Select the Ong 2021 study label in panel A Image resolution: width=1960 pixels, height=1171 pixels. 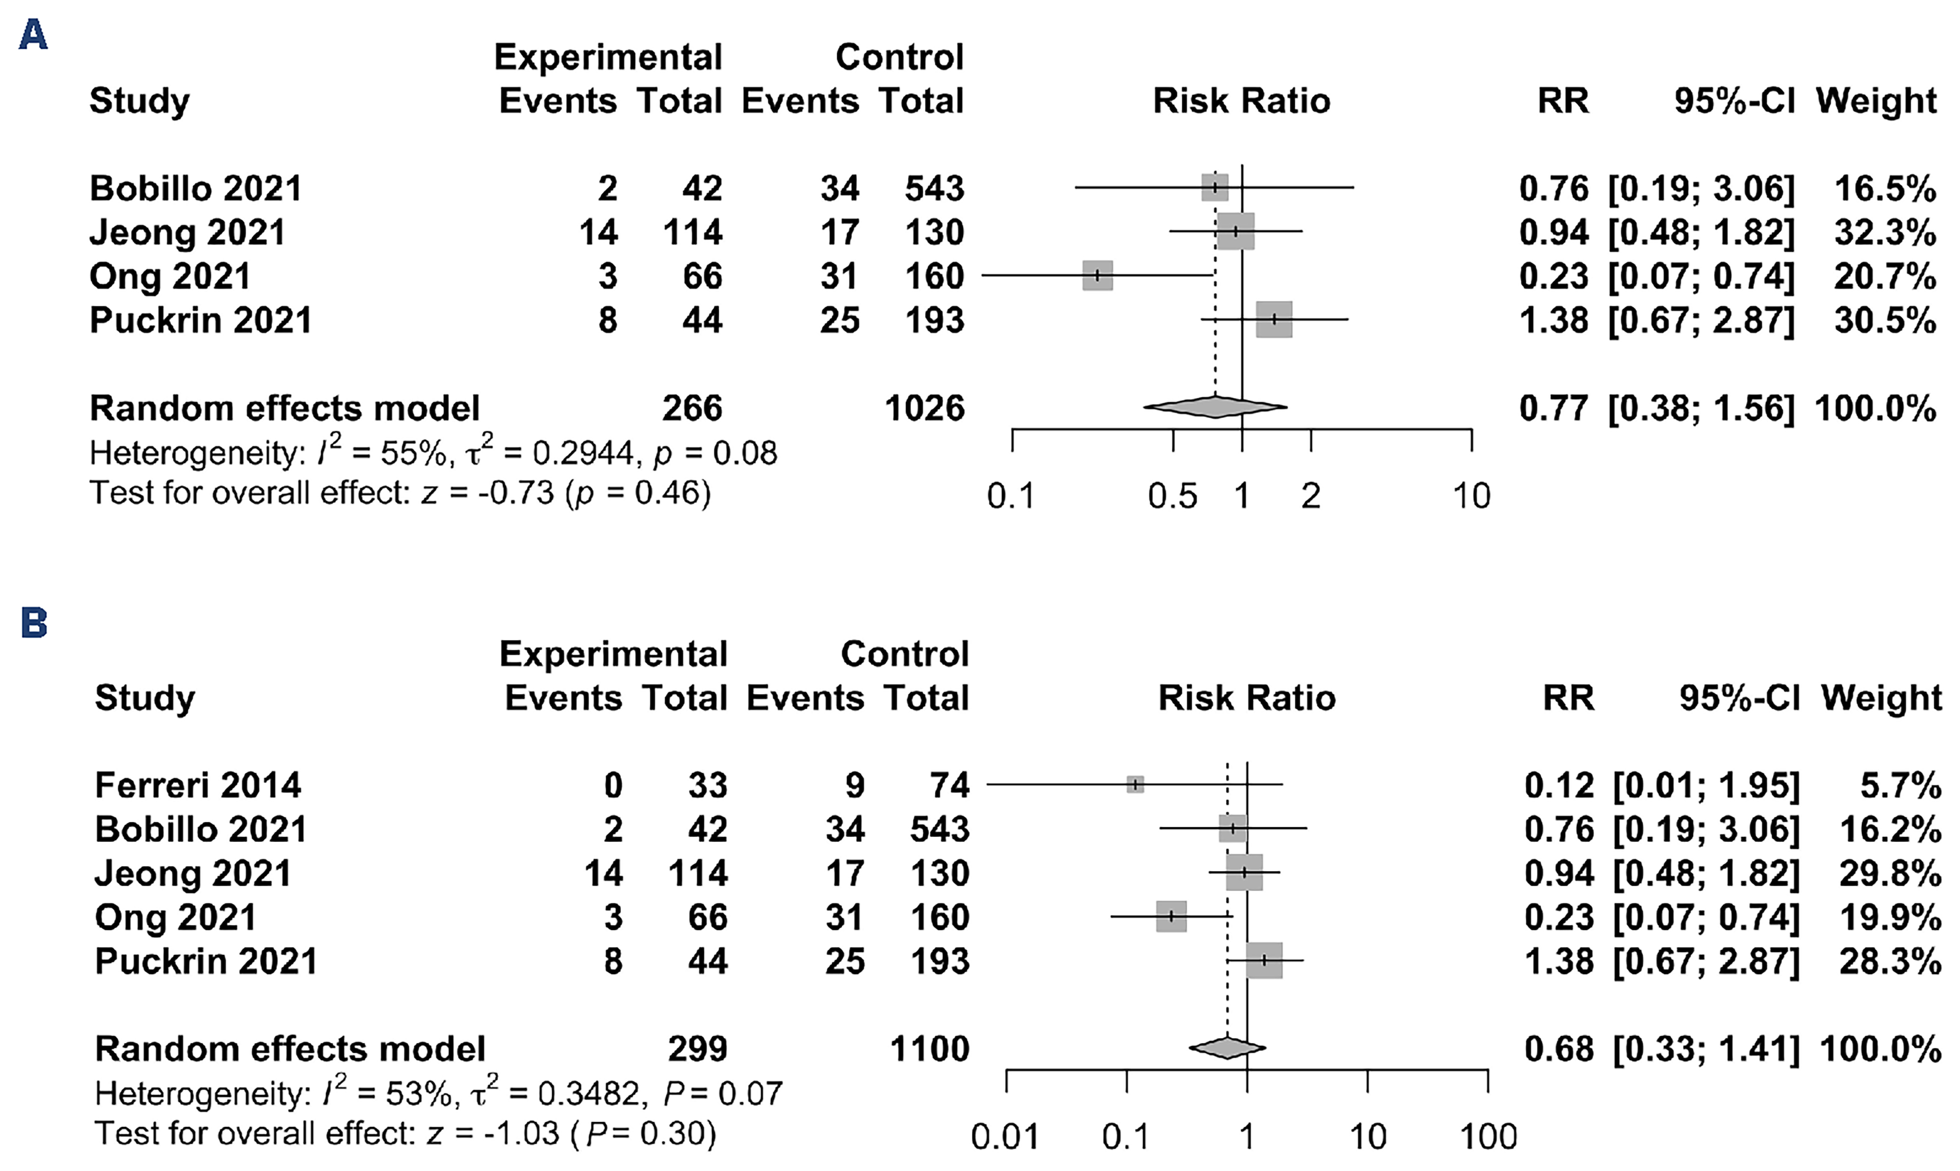(x=169, y=276)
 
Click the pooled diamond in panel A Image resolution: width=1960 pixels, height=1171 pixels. (x=1215, y=407)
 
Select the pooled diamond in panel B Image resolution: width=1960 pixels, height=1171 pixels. (x=1227, y=1048)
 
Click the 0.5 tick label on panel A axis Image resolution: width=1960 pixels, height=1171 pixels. (x=1173, y=496)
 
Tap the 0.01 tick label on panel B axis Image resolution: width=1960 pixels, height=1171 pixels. (x=1005, y=1137)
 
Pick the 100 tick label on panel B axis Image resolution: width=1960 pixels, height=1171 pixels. (x=1488, y=1137)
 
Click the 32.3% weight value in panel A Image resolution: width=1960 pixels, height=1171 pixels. (x=1885, y=232)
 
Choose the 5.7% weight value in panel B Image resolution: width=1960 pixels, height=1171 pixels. (x=1903, y=785)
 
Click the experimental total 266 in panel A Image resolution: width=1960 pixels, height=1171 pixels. (x=692, y=408)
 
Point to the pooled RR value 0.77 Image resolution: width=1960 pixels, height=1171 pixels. (x=1554, y=408)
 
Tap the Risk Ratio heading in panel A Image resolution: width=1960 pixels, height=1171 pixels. (x=1241, y=101)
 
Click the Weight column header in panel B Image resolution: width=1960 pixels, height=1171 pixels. (x=1881, y=698)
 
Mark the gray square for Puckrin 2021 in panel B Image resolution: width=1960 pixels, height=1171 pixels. (x=1264, y=960)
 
